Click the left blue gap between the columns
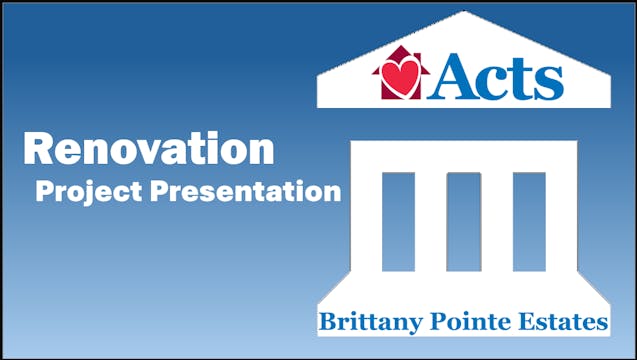click(398, 221)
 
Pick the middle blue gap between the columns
click(463, 221)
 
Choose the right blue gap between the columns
click(529, 221)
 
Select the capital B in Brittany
click(326, 322)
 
